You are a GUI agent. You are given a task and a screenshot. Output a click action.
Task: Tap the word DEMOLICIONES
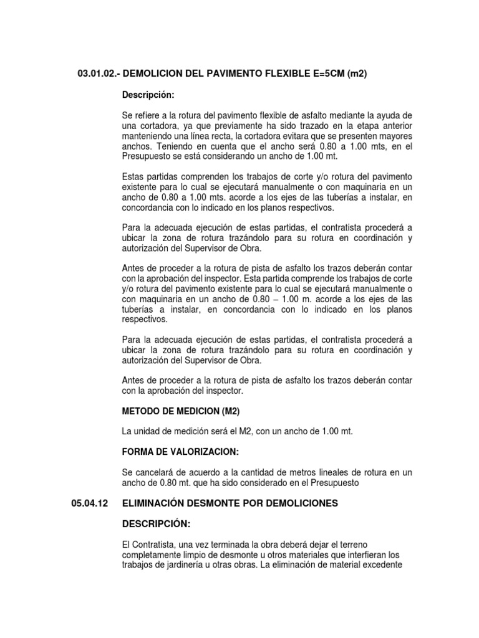point(302,503)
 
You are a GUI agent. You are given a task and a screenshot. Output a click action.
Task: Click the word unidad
point(148,432)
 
